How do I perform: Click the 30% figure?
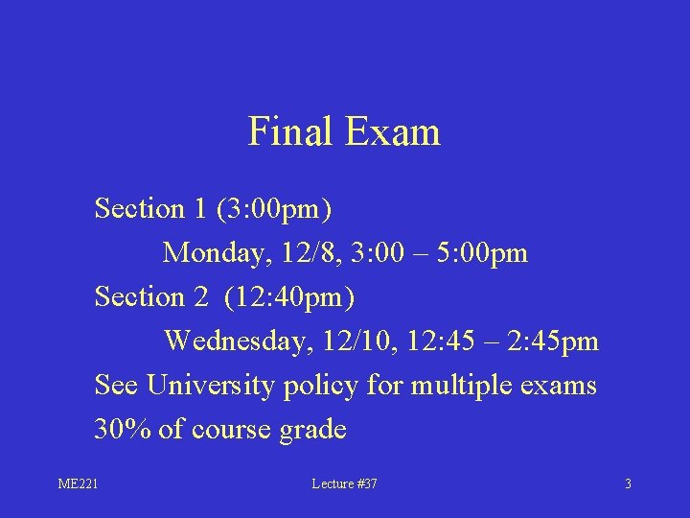click(123, 430)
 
